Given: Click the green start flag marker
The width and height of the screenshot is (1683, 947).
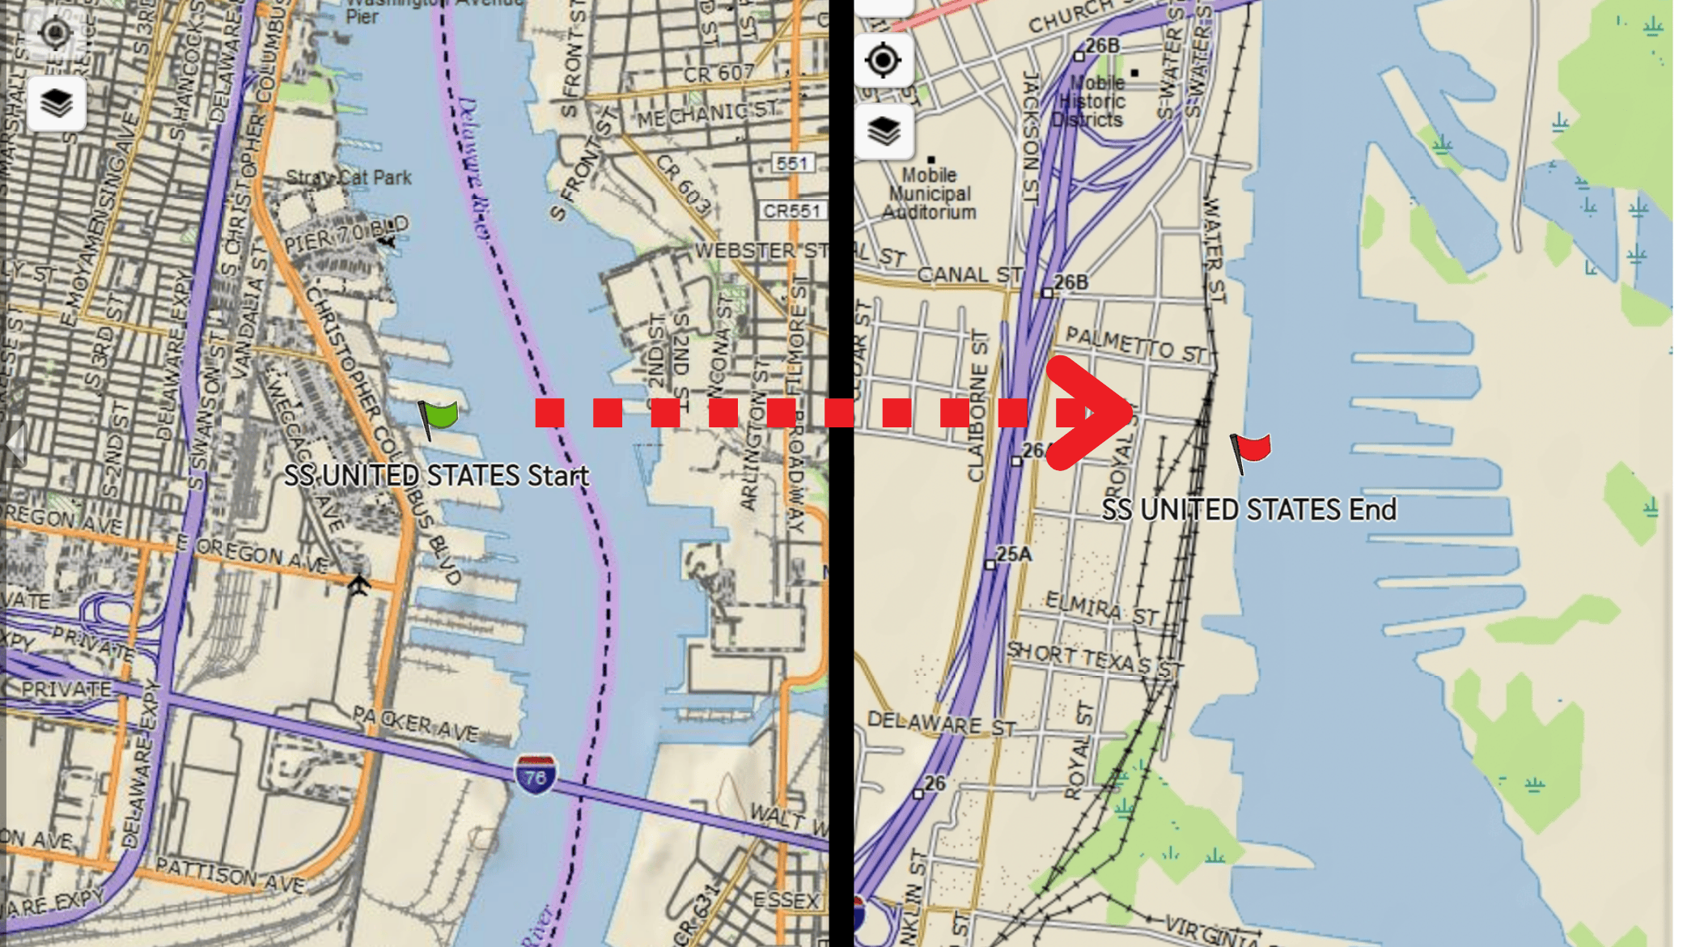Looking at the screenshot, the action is [x=439, y=417].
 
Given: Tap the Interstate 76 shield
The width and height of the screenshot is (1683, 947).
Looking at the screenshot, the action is [x=535, y=775].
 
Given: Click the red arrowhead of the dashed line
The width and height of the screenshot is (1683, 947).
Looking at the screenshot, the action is [x=1092, y=413].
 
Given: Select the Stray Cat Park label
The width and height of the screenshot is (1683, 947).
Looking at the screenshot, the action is [x=349, y=177].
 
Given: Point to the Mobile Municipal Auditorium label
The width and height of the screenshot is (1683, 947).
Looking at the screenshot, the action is [x=929, y=193].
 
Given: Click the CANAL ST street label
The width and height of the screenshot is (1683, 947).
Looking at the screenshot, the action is [x=969, y=275].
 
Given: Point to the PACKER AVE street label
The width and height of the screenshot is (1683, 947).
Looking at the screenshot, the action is [x=416, y=723].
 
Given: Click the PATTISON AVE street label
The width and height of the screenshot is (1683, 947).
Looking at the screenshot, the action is [x=230, y=875].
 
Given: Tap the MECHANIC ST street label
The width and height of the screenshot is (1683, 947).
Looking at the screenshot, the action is [x=707, y=115].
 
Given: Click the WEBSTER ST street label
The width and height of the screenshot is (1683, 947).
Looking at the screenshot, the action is [x=761, y=251].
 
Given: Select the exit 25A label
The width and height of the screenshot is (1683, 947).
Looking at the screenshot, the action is [x=1013, y=554].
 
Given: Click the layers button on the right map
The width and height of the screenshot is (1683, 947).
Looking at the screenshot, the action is [x=884, y=130].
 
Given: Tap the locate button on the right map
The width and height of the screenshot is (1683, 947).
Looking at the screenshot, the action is [x=883, y=60].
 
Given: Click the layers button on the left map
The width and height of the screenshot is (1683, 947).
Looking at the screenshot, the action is [x=57, y=103].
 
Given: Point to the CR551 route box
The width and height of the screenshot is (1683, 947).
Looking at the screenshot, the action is [x=792, y=211].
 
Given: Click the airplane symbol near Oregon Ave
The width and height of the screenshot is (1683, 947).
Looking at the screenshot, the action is [x=358, y=584].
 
